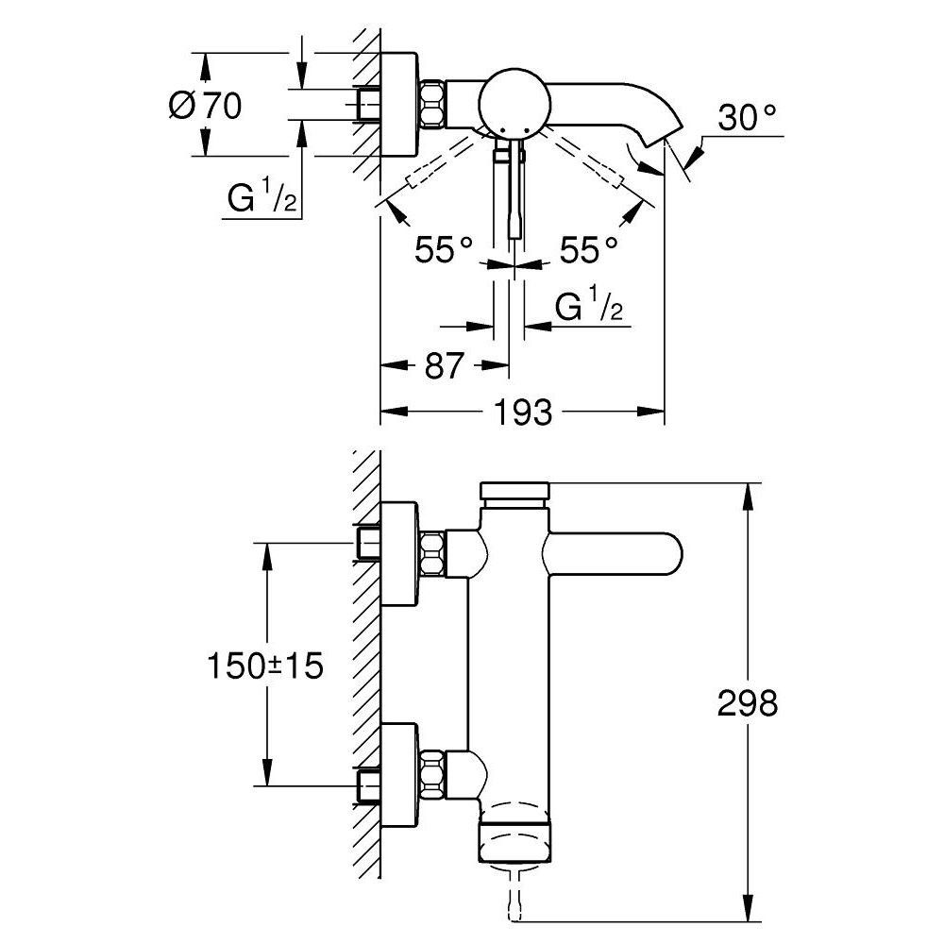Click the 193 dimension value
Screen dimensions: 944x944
523,413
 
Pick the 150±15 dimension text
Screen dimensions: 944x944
265,666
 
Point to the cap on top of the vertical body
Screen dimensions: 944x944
514,492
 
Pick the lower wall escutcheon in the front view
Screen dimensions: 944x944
398,767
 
